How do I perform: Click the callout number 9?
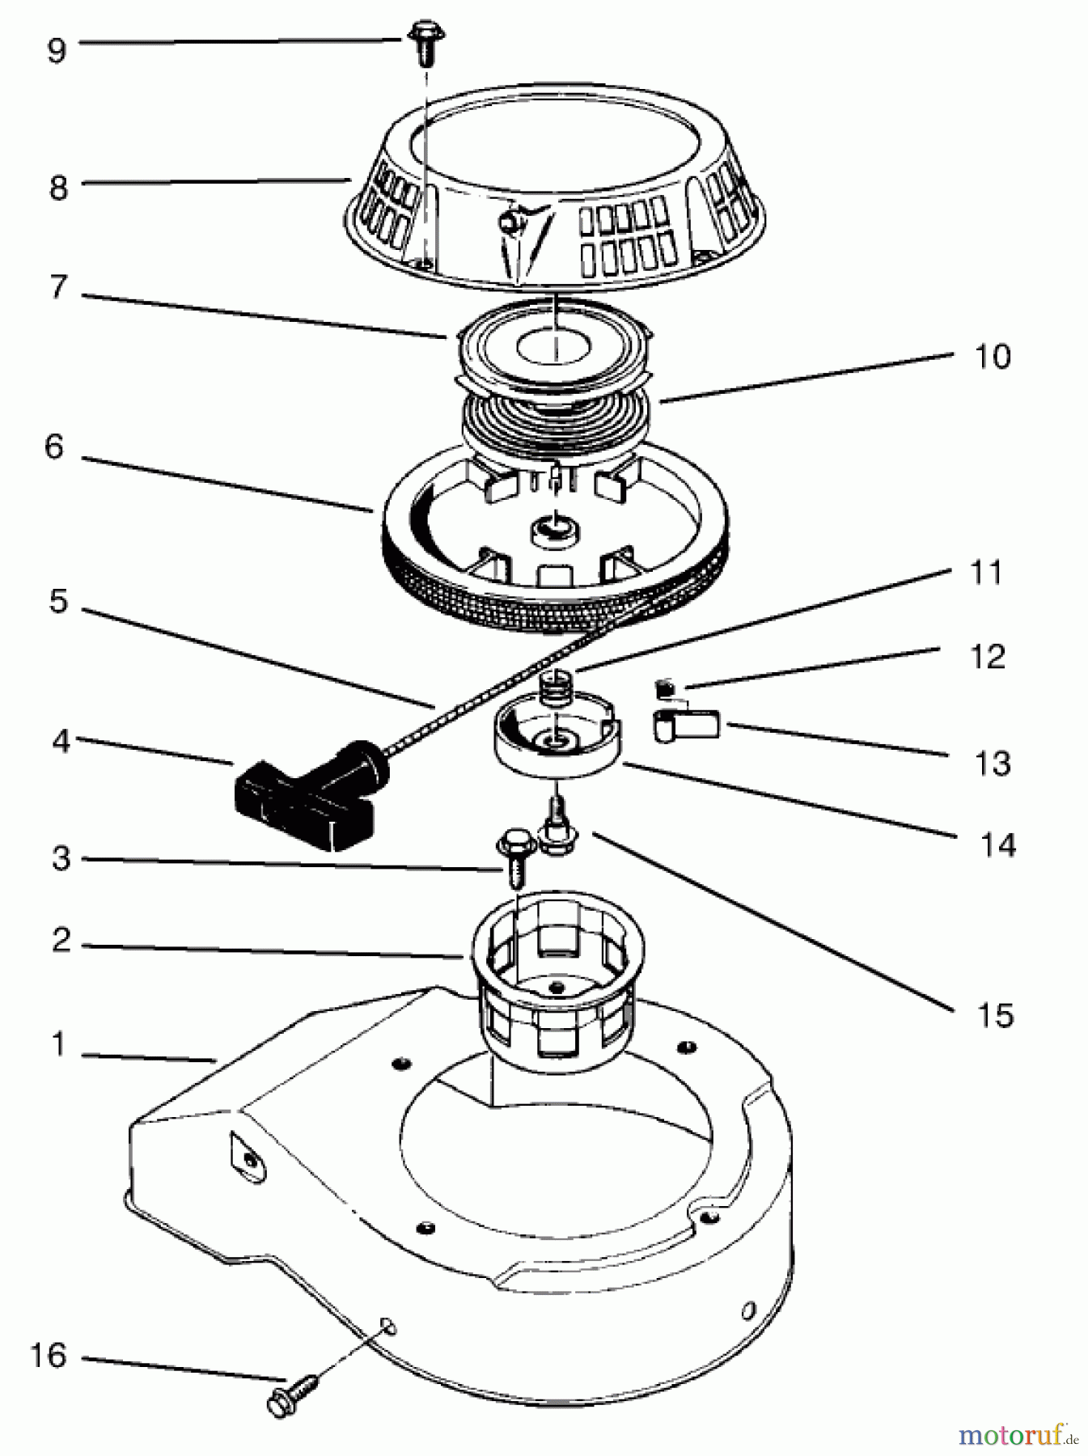click(x=56, y=52)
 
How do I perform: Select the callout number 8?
click(x=57, y=188)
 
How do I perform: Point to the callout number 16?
click(x=48, y=1355)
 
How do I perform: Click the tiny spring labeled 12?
click(x=664, y=689)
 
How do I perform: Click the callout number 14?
click(x=998, y=845)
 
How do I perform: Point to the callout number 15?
click(x=994, y=1014)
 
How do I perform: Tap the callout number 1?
click(x=57, y=1046)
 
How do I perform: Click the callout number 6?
click(x=54, y=447)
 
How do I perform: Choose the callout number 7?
click(x=57, y=289)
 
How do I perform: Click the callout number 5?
click(x=57, y=603)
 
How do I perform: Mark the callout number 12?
click(x=986, y=656)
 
